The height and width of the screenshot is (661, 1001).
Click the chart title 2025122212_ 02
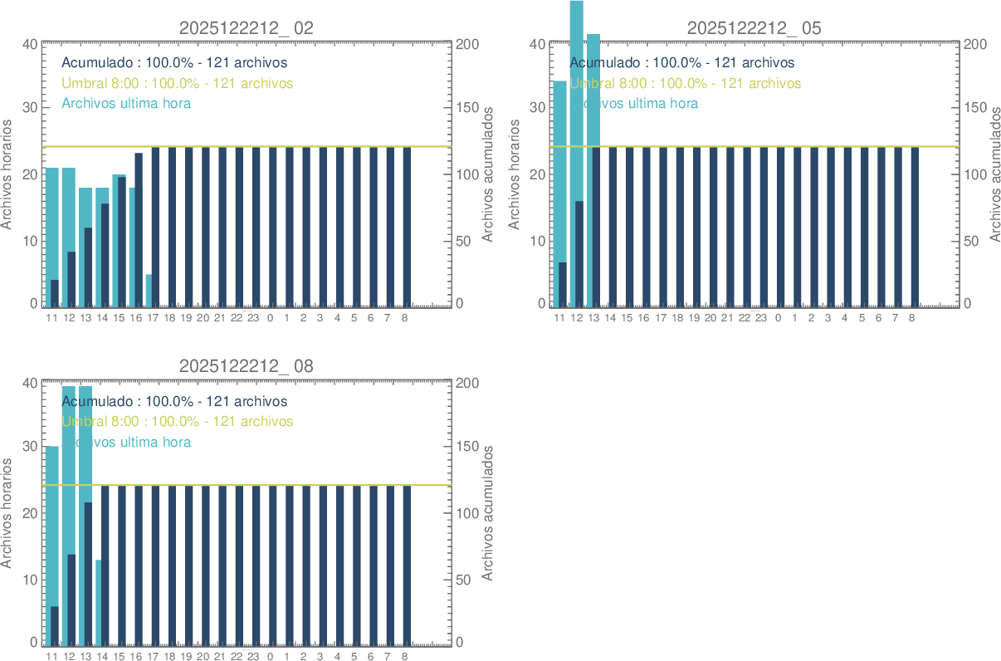coord(247,28)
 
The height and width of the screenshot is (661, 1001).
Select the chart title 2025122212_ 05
coord(754,28)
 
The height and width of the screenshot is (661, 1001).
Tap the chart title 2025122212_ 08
coord(247,366)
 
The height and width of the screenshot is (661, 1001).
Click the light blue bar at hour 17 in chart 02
coord(149,291)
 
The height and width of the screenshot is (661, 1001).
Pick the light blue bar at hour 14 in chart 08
coord(98,602)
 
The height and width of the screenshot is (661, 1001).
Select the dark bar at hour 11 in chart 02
coord(55,293)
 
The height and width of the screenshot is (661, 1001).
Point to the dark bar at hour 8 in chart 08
coord(406,565)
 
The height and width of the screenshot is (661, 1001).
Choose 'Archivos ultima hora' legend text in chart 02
coord(126,104)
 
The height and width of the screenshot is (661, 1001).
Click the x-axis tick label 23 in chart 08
coord(253,657)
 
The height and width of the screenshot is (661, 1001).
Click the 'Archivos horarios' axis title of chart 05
coord(514,174)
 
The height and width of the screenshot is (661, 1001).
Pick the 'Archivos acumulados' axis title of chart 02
coord(488,174)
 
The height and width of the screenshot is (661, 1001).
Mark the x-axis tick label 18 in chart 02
coord(169,318)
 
